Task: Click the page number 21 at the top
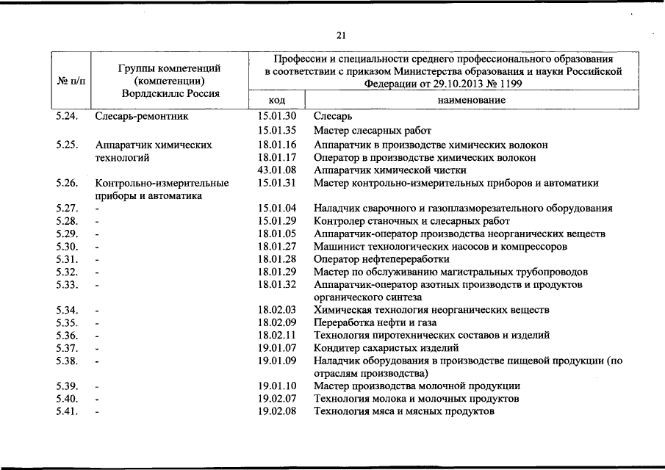click(x=341, y=35)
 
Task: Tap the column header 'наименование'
click(x=471, y=100)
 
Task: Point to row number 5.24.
click(x=67, y=116)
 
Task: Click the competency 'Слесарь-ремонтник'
click(x=142, y=116)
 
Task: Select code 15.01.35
click(x=277, y=130)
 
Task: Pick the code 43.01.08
click(x=277, y=170)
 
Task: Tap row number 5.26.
click(x=67, y=183)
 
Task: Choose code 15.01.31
click(x=277, y=183)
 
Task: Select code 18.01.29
click(x=277, y=272)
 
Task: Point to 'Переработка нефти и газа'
click(x=375, y=322)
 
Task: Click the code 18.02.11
click(x=277, y=335)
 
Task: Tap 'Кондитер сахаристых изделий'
click(x=386, y=347)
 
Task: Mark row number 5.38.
click(x=67, y=361)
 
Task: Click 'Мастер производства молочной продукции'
click(x=417, y=386)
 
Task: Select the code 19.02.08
click(x=277, y=411)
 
